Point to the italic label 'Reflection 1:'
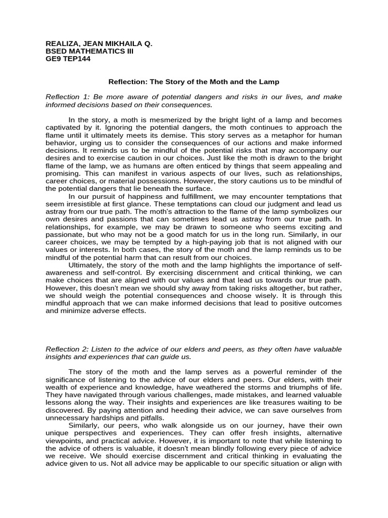pos(65,97)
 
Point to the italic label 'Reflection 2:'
pos(65,350)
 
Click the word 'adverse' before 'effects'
pos(110,311)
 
